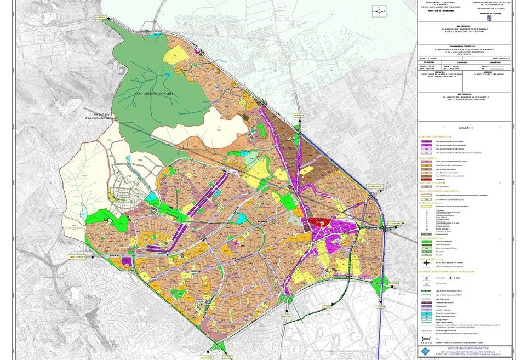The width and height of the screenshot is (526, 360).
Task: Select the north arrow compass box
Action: [x=378, y=10]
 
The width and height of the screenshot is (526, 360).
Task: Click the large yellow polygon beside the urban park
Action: [x=176, y=54]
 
